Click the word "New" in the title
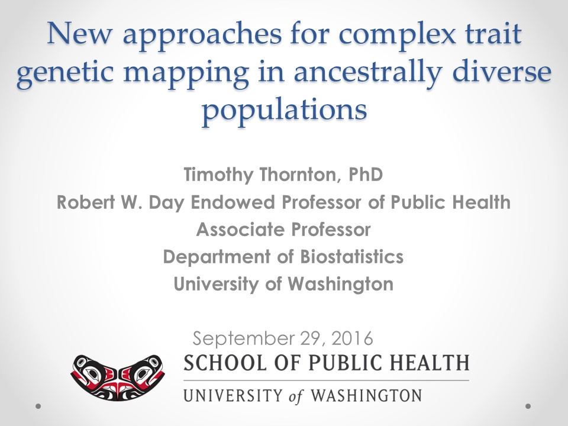point(80,34)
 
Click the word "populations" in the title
point(285,111)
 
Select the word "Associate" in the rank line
point(240,230)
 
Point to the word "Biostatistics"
point(351,257)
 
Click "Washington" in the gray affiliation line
point(341,285)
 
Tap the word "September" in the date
point(243,338)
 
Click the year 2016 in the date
point(351,338)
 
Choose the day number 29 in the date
point(311,338)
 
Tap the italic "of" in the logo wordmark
point(296,396)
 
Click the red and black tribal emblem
point(118,377)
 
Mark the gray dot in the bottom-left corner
point(38,406)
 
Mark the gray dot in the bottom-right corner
point(528,406)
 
